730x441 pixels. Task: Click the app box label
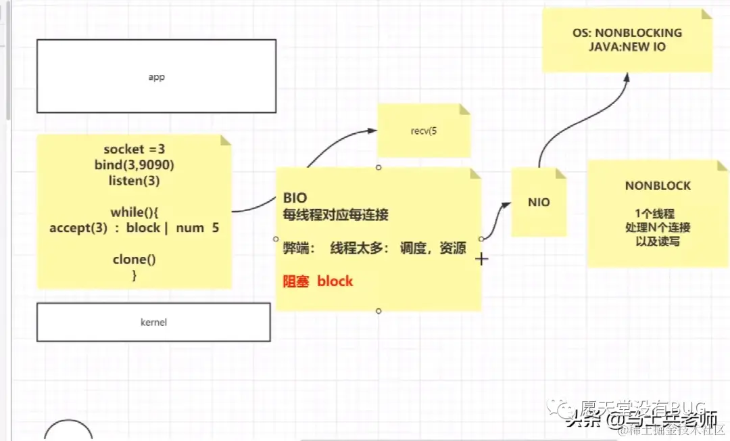(156, 77)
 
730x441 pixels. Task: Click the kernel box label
(153, 323)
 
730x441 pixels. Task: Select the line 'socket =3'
(134, 149)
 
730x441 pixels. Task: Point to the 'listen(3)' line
(134, 181)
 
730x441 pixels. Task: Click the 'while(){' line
(134, 212)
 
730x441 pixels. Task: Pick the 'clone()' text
(134, 260)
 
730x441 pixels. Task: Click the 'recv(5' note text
(424, 131)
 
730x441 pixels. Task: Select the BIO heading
(295, 198)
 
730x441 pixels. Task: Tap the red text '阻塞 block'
(318, 281)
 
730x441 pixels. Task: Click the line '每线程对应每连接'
(335, 215)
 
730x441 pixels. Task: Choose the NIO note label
(539, 202)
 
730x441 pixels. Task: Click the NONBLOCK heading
(658, 186)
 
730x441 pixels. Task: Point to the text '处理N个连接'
(658, 227)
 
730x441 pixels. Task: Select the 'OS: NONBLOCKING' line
(627, 32)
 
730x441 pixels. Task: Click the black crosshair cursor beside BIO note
(481, 259)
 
